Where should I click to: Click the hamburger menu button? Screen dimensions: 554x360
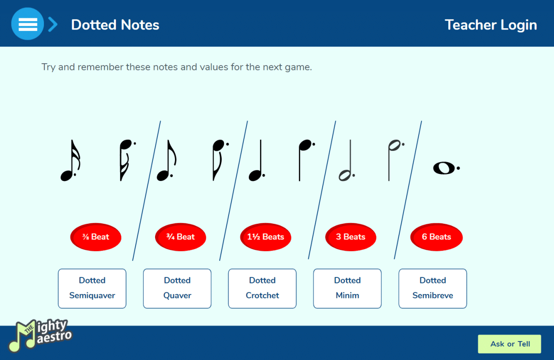tap(27, 24)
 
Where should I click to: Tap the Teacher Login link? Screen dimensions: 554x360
tap(491, 25)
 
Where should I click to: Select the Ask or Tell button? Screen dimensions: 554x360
tap(510, 344)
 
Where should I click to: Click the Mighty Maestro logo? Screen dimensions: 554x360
tap(40, 335)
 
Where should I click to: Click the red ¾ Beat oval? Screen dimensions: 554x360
tap(181, 237)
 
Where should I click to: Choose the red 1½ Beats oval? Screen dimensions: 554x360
tap(265, 237)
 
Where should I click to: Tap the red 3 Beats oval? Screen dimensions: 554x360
tap(351, 237)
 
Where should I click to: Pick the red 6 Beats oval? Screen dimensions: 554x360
tap(436, 237)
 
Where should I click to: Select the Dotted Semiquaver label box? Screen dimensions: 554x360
tap(92, 288)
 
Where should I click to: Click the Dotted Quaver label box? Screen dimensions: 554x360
tap(177, 288)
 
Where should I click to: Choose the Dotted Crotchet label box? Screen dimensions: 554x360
tap(262, 288)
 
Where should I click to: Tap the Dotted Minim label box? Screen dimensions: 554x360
tap(347, 288)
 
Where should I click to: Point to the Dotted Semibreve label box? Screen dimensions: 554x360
tap(433, 288)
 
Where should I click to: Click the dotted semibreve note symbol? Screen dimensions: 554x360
tap(445, 168)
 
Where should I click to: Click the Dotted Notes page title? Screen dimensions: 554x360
tap(115, 25)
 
